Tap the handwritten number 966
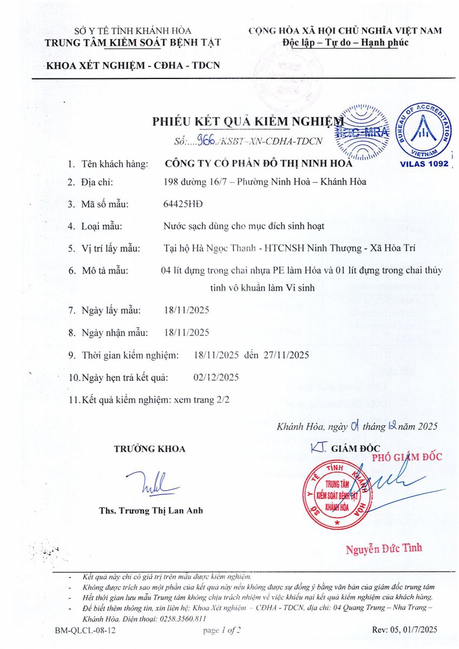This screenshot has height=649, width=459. (x=207, y=141)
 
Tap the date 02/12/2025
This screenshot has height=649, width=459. (x=216, y=377)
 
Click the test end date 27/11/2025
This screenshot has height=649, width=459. (x=286, y=355)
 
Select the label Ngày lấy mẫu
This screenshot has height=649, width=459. (x=111, y=310)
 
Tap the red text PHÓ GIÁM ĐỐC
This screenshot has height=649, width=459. (x=406, y=457)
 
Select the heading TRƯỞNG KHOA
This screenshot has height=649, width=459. (x=149, y=449)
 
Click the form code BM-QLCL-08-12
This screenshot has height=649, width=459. (x=86, y=630)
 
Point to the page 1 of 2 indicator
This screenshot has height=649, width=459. (x=222, y=630)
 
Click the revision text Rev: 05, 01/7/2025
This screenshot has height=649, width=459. (x=405, y=630)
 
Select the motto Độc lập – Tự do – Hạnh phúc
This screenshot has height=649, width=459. (x=345, y=43)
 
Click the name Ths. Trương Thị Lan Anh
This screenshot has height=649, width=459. (x=151, y=511)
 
